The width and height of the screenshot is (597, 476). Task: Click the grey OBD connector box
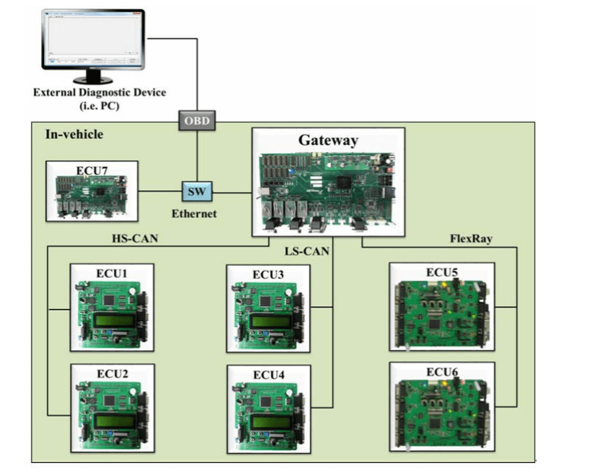point(197,120)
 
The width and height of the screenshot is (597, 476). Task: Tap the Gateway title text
point(328,140)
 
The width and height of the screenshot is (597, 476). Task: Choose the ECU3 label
point(268,274)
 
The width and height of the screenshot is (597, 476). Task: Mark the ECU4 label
point(268,374)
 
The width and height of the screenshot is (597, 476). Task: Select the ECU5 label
point(441,271)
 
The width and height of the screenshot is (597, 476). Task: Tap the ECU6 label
point(441,372)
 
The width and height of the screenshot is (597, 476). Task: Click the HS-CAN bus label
point(133,238)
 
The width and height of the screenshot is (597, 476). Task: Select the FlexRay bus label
point(472,238)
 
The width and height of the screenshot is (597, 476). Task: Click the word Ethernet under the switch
point(194,214)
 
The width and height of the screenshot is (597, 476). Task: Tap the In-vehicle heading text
point(74,135)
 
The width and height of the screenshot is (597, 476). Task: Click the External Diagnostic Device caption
point(99,92)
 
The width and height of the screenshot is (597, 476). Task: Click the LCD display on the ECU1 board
point(113,320)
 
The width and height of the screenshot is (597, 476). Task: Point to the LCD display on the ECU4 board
point(270,421)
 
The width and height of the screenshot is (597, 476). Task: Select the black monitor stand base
point(92,78)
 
